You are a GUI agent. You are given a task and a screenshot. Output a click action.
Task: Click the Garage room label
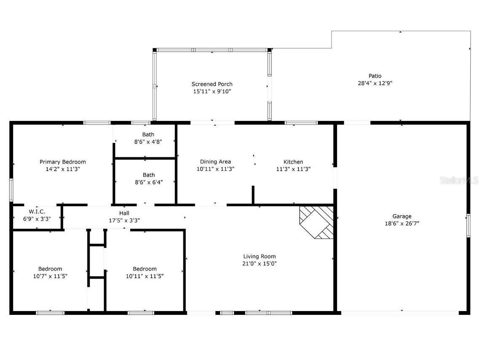click(402, 216)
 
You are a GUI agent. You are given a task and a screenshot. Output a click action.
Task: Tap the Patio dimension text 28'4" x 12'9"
click(375, 83)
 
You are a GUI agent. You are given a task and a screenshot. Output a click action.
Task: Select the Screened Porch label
click(212, 84)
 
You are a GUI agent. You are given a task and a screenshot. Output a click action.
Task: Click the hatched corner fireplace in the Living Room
click(316, 222)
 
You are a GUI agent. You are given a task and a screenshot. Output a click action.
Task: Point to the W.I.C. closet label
click(37, 212)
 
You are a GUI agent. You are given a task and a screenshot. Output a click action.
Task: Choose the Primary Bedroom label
click(63, 162)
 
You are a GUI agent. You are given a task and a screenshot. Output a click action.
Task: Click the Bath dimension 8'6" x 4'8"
click(148, 142)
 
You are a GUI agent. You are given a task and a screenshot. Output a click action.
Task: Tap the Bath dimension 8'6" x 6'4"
click(149, 182)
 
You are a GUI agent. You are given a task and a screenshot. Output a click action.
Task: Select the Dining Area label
click(215, 161)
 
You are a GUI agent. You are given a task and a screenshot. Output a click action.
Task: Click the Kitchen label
click(293, 161)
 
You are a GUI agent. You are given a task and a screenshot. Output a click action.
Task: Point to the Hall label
click(124, 213)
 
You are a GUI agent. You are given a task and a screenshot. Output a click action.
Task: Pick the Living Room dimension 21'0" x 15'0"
click(260, 263)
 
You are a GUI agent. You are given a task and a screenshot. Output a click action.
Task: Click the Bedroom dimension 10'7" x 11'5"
click(50, 276)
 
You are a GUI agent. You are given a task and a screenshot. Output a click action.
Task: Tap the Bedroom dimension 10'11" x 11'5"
click(145, 276)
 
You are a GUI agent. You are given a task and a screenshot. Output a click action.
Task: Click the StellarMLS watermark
click(459, 180)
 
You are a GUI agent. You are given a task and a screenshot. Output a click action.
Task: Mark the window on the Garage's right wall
click(468, 226)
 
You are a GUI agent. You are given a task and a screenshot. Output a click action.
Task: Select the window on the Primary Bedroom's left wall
click(11, 190)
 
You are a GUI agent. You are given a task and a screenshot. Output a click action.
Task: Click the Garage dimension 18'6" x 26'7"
click(402, 223)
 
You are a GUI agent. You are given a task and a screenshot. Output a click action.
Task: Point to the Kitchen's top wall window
click(301, 123)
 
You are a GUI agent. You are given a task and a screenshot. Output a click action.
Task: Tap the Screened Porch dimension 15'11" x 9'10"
click(212, 91)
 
